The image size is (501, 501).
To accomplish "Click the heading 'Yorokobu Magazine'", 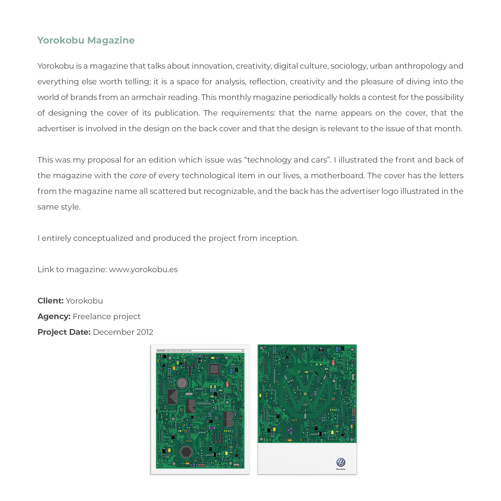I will tap(86, 40).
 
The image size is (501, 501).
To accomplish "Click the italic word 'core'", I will tap(138, 176).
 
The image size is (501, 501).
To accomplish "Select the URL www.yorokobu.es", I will tap(143, 270).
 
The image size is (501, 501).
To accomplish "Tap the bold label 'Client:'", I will tap(50, 301).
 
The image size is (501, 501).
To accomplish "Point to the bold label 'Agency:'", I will tap(54, 317).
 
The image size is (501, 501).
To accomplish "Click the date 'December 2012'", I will tap(123, 332).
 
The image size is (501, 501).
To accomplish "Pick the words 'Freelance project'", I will tap(106, 317).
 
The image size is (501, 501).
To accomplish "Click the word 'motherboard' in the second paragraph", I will tap(338, 176).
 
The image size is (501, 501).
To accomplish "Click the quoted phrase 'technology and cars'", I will tap(287, 160).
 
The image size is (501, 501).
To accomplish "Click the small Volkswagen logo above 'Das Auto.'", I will tap(341, 462).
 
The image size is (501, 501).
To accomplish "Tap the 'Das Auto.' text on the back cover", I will tap(341, 469).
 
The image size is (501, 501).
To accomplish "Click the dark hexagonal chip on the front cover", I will tap(186, 452).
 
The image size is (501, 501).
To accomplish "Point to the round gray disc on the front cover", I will tap(182, 383).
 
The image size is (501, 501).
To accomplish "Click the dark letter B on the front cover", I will tap(228, 419).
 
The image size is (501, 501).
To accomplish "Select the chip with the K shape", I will tap(172, 397).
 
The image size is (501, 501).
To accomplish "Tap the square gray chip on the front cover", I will tap(214, 369).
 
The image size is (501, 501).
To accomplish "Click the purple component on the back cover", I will tap(291, 430).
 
